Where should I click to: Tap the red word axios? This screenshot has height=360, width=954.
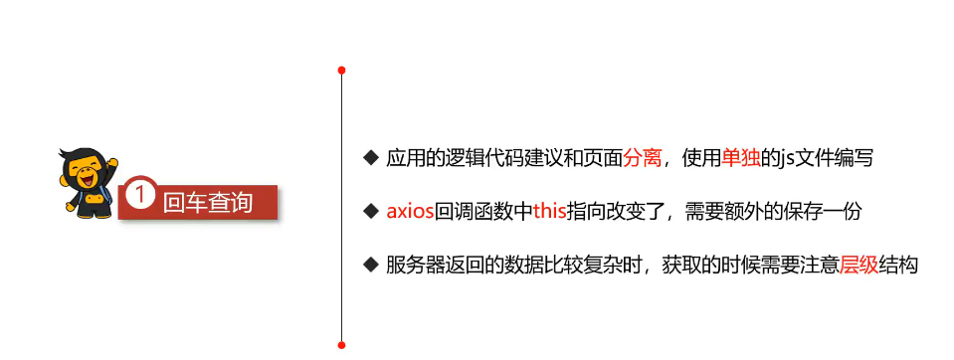click(x=410, y=212)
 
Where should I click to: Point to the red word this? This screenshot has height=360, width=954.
click(x=549, y=212)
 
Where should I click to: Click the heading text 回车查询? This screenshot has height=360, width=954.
click(x=207, y=202)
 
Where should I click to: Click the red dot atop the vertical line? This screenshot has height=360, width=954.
click(x=341, y=71)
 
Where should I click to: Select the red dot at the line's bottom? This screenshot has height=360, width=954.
click(x=341, y=345)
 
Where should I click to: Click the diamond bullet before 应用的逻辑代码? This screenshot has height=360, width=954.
click(x=371, y=159)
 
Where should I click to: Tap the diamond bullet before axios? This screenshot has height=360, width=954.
click(x=371, y=212)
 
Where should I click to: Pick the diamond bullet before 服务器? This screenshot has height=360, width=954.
click(x=371, y=266)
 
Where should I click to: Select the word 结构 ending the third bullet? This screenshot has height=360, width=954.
click(x=897, y=266)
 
